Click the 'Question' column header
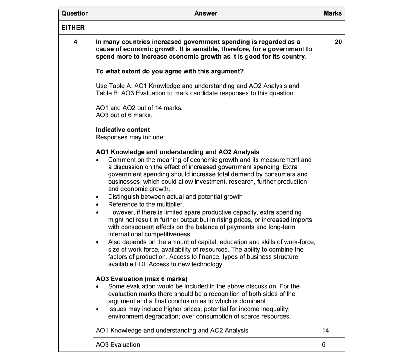[75, 13]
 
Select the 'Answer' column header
[205, 13]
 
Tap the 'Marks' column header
[332, 13]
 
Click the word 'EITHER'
[73, 28]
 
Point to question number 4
[75, 42]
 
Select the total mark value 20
[338, 42]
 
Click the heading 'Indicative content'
[123, 130]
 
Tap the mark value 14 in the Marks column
[326, 330]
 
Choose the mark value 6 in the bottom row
[323, 345]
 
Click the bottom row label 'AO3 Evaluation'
[118, 345]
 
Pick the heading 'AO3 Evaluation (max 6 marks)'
[141, 279]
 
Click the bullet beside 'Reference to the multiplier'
[97, 205]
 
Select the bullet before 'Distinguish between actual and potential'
[97, 197]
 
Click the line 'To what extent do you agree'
[170, 71]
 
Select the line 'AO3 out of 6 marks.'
[124, 115]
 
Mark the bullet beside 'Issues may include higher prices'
[97, 309]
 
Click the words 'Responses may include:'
[130, 137]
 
